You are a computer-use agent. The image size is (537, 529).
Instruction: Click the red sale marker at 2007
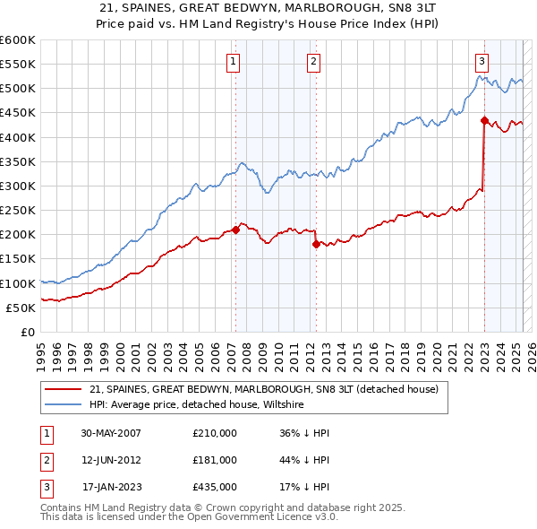point(235,230)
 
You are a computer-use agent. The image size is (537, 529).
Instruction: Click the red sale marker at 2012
point(315,244)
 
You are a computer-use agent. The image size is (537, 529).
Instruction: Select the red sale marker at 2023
point(483,120)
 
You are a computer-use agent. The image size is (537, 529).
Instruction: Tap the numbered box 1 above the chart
point(233,62)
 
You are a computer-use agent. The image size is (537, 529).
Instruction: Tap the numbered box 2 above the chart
point(314,62)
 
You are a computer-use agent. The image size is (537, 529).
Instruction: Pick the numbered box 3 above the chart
point(482,62)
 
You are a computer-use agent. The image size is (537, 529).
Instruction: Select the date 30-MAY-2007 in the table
point(111,434)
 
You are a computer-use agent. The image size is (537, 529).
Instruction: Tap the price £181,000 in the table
point(215,460)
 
